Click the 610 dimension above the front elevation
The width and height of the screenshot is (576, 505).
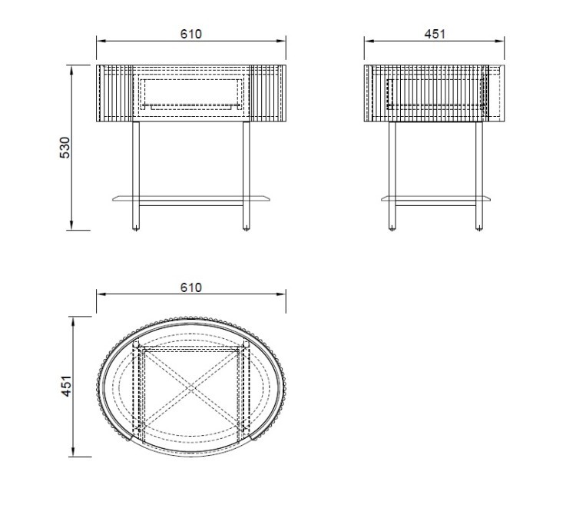point(190,34)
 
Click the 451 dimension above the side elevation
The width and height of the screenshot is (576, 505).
point(435,34)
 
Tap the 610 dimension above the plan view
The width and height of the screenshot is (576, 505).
point(190,287)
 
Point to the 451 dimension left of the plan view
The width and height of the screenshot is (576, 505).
point(66,386)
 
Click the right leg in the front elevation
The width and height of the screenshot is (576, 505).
point(246,173)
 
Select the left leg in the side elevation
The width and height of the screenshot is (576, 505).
point(392,173)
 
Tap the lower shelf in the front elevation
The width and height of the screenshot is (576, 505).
point(191,199)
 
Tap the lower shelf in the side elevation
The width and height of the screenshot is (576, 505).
point(435,199)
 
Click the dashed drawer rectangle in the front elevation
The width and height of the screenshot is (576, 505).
point(191,92)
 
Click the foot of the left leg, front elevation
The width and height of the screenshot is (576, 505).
point(137,226)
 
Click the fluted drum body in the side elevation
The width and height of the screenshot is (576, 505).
point(435,92)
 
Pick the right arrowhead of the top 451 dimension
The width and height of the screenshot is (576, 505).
point(503,40)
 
